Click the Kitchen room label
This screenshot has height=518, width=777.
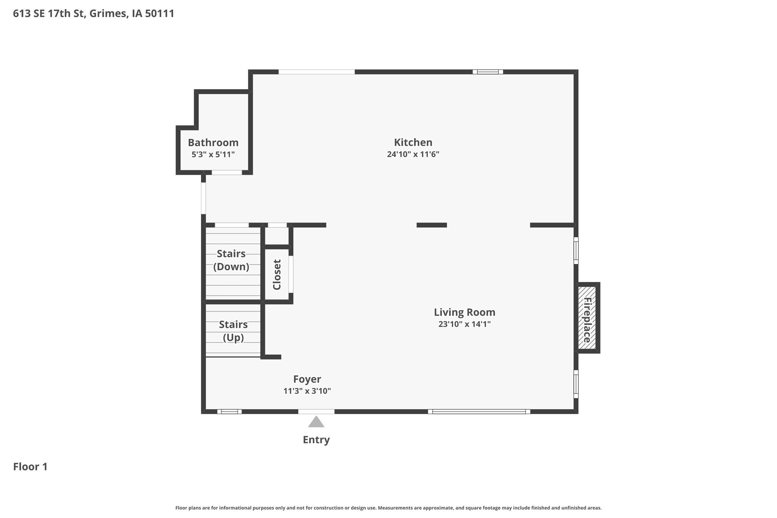pos(413,142)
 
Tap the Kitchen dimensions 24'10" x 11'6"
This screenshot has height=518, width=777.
pos(413,154)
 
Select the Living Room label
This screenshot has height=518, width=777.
pos(464,312)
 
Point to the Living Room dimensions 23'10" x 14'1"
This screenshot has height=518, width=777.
pos(464,324)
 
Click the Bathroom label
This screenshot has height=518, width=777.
pos(213,143)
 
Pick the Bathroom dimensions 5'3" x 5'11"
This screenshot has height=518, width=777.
pos(213,155)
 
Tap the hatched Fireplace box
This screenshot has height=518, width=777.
pos(587,318)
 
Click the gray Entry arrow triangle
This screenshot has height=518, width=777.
pos(316,422)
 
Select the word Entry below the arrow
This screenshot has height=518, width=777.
pos(316,440)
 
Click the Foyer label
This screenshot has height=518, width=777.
pos(307,379)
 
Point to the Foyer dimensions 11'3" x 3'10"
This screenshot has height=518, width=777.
pos(307,391)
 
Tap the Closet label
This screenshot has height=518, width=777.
pos(277,274)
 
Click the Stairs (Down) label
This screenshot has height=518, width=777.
pos(231,260)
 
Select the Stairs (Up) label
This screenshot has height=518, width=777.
pos(233,331)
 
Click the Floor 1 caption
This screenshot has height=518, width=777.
pos(30,467)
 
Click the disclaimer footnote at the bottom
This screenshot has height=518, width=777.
pos(388,508)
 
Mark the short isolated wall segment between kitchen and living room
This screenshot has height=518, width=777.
pos(431,225)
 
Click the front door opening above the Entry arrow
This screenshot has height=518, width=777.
pos(316,412)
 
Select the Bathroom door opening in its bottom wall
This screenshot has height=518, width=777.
pos(227,172)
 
